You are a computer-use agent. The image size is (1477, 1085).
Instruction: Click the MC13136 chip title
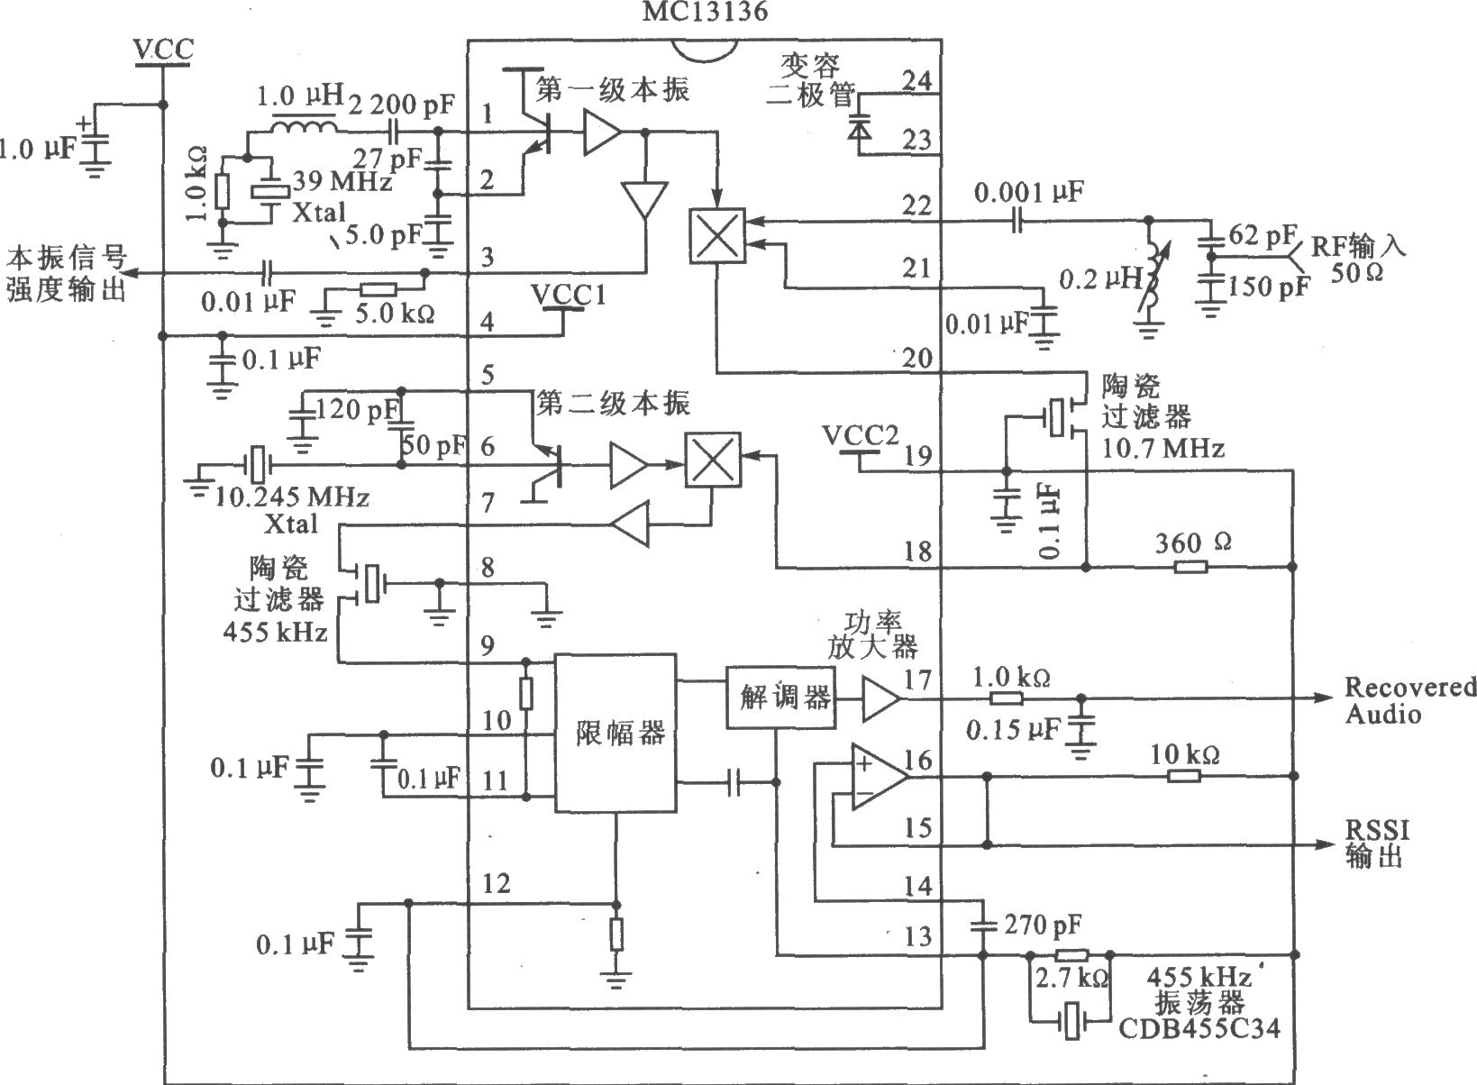(x=705, y=11)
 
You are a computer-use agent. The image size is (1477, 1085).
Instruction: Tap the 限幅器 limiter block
(x=615, y=732)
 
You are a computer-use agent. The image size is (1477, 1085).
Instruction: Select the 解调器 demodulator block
(x=780, y=697)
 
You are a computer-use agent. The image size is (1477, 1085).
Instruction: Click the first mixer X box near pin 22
(x=716, y=236)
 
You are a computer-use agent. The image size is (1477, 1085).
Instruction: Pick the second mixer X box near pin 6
(x=713, y=460)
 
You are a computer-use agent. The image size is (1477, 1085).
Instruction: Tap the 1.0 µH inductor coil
(x=304, y=126)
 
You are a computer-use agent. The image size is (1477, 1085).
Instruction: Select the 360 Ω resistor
(x=1190, y=567)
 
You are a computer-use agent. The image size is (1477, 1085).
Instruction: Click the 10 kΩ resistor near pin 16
(x=1184, y=776)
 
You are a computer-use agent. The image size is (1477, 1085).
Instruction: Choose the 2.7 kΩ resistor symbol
(x=1071, y=954)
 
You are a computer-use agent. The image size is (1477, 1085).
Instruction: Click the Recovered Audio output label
(x=1409, y=700)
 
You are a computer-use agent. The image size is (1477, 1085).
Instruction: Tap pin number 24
(x=917, y=80)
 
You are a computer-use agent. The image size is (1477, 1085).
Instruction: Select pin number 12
(x=496, y=883)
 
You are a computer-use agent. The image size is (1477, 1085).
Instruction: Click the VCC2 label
(x=861, y=436)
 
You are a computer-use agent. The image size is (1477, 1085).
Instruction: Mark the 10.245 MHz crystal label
(x=292, y=496)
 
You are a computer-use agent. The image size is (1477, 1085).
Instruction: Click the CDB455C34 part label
(x=1199, y=1028)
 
